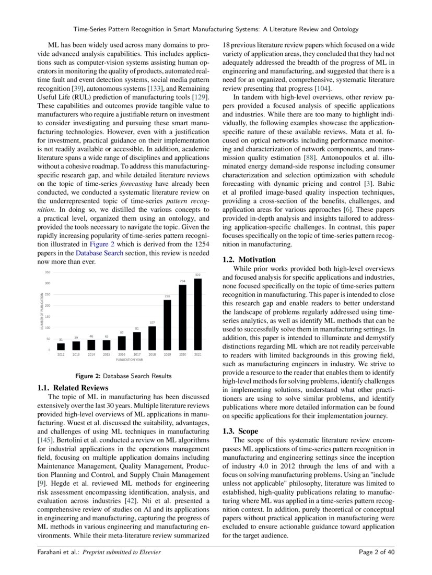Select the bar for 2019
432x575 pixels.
pyautogui.click(x=167, y=325)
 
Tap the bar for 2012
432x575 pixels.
pyautogui.click(x=61, y=346)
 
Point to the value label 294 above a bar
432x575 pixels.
pyautogui.click(x=183, y=281)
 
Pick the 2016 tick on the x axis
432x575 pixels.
pyautogui.click(x=122, y=354)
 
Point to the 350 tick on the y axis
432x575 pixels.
pyautogui.click(x=48, y=272)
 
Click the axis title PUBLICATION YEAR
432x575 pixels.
pyautogui.click(x=130, y=360)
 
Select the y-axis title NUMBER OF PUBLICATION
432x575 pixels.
pyautogui.click(x=41, y=311)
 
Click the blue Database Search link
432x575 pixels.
pyautogui.click(x=99, y=253)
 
